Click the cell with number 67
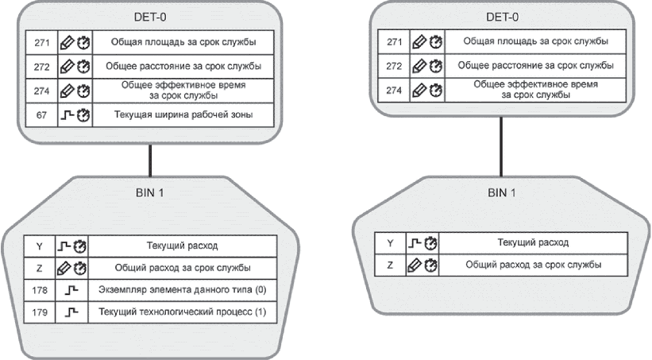(41, 115)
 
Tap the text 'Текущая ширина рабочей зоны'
(183, 114)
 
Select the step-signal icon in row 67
(67, 114)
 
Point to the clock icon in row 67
(83, 115)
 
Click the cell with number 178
(40, 290)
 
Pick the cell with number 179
(40, 312)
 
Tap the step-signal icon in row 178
(71, 289)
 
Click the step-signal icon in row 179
(71, 312)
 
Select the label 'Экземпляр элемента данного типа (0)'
(182, 289)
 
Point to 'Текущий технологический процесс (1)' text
(182, 312)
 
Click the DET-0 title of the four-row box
(150, 17)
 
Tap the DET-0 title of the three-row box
(503, 17)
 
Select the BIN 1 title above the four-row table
(150, 192)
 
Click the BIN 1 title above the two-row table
(502, 192)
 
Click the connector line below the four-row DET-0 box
(150, 161)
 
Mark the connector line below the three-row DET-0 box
(501, 146)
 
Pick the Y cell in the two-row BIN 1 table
(390, 243)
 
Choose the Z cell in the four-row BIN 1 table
(40, 268)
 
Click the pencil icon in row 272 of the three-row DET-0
(419, 66)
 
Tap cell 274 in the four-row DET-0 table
(41, 91)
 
